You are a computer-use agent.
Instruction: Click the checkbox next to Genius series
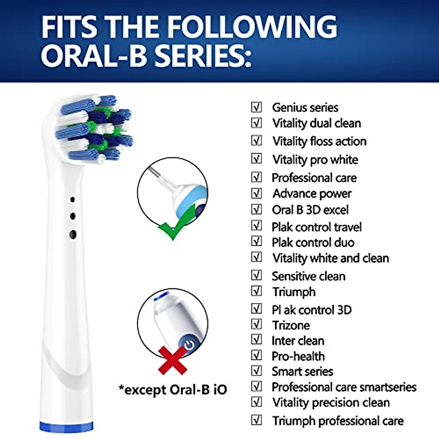click(x=257, y=107)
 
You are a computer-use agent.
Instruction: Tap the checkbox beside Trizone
click(x=257, y=324)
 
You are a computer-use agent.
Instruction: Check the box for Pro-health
click(x=257, y=356)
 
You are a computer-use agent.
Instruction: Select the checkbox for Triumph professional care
click(x=257, y=420)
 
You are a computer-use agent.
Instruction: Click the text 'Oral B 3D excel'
click(x=310, y=210)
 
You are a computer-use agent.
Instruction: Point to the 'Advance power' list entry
click(x=312, y=194)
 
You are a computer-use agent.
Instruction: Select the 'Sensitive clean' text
click(x=308, y=276)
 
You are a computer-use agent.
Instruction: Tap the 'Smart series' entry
click(x=302, y=371)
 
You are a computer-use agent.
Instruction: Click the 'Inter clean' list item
click(x=298, y=341)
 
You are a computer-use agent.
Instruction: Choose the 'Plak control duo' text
click(x=313, y=242)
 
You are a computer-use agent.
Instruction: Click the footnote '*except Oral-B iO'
click(x=173, y=389)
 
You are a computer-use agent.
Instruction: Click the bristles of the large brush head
click(x=94, y=128)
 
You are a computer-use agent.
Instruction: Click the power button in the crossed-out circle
click(x=189, y=344)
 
